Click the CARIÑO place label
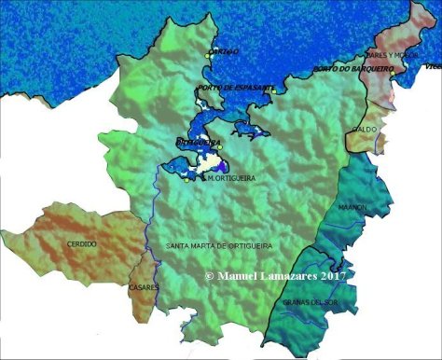point(224,51)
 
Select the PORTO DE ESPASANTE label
point(236,87)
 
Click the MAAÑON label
point(352,207)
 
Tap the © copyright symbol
point(210,277)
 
